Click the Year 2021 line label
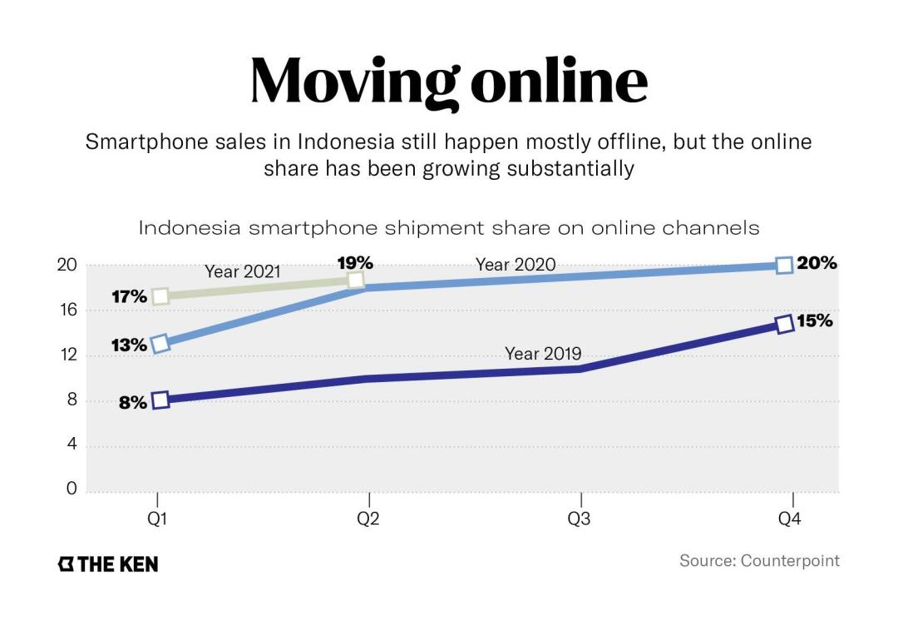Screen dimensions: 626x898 click(x=243, y=271)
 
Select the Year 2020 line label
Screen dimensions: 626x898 click(x=516, y=266)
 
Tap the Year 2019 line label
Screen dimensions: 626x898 click(x=543, y=354)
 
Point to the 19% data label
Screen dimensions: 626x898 click(x=355, y=263)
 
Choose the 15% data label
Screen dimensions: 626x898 click(x=815, y=321)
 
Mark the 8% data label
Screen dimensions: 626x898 click(x=132, y=402)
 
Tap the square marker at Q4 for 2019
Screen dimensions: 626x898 click(x=783, y=324)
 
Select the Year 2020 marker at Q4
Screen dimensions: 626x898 click(x=783, y=266)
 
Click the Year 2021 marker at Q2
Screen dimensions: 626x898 click(x=356, y=280)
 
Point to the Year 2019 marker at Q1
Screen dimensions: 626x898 click(x=160, y=400)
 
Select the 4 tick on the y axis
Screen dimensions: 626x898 click(x=72, y=445)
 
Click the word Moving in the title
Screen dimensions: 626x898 click(x=354, y=82)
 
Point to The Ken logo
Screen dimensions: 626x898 click(x=107, y=564)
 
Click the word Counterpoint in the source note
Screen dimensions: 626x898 click(x=790, y=560)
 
